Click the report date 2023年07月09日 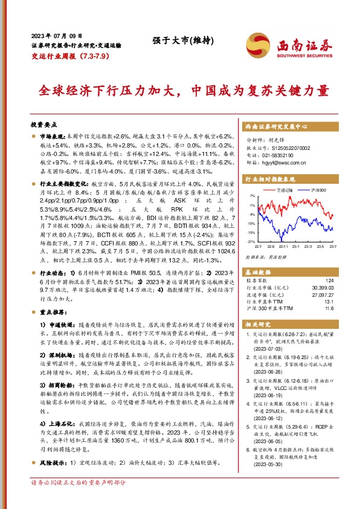click(55, 36)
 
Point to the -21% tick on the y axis click(251, 241)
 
